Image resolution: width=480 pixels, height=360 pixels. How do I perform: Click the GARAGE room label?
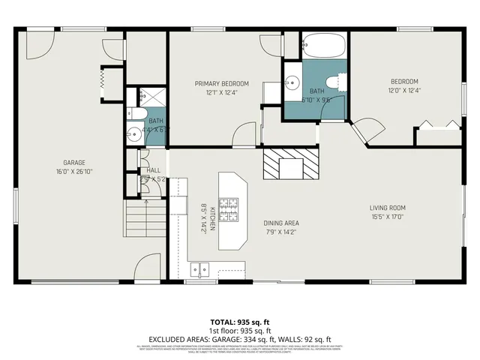tap(73, 163)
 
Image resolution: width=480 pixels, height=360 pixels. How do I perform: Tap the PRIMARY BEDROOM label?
tap(222, 83)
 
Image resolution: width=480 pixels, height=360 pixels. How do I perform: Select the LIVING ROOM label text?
tap(387, 208)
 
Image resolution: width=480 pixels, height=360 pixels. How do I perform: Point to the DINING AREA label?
tap(281, 223)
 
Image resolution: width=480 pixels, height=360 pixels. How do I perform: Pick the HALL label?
tap(153, 170)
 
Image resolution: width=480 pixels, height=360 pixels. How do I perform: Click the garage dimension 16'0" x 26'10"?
tap(73, 172)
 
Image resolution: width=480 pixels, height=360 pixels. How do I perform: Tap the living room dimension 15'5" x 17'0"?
tap(387, 217)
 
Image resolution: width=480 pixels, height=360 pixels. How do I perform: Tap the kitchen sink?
tap(199, 267)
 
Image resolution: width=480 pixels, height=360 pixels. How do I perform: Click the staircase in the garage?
tap(144, 218)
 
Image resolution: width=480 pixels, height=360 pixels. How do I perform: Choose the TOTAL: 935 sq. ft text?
tap(239, 322)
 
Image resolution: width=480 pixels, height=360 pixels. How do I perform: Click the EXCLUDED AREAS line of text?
tap(239, 339)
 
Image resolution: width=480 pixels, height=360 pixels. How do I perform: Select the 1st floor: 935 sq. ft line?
tap(239, 331)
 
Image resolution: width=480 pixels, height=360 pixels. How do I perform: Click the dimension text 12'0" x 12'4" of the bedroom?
tap(403, 91)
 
